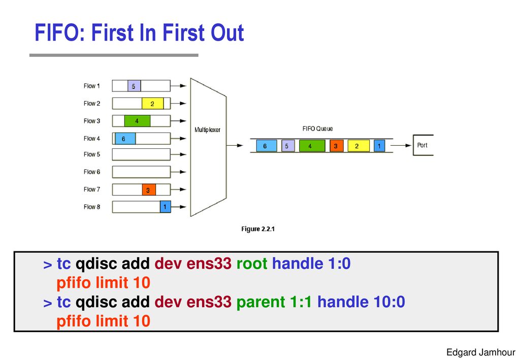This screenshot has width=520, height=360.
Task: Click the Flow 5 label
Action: point(92,154)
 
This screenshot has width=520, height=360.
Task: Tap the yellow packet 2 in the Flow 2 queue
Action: point(152,104)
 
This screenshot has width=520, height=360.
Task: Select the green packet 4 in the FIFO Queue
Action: point(312,146)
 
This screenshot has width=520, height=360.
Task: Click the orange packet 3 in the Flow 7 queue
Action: point(149,189)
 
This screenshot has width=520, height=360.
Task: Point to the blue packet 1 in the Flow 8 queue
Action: point(165,207)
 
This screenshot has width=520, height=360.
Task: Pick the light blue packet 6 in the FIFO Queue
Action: point(266,146)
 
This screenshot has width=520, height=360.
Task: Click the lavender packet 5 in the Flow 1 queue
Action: point(134,86)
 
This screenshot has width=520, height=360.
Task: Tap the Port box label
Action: point(422,145)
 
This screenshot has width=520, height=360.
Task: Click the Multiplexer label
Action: point(207,130)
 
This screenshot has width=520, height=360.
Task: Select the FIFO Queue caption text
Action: point(317,128)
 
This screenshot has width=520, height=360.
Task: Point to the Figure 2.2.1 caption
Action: point(258,229)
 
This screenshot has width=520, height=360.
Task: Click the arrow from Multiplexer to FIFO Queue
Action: point(235,145)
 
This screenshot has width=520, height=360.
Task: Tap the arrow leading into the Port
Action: point(401,145)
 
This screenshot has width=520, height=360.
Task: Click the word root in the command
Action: point(252,264)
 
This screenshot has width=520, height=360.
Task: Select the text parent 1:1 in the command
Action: point(274,302)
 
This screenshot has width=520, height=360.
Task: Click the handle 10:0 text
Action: point(361,302)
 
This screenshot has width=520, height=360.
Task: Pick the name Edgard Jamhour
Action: point(481,352)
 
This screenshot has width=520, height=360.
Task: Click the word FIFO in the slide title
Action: point(60,33)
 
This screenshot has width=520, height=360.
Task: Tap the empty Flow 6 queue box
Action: point(141,172)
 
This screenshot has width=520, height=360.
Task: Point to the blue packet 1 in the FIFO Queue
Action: point(379,146)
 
